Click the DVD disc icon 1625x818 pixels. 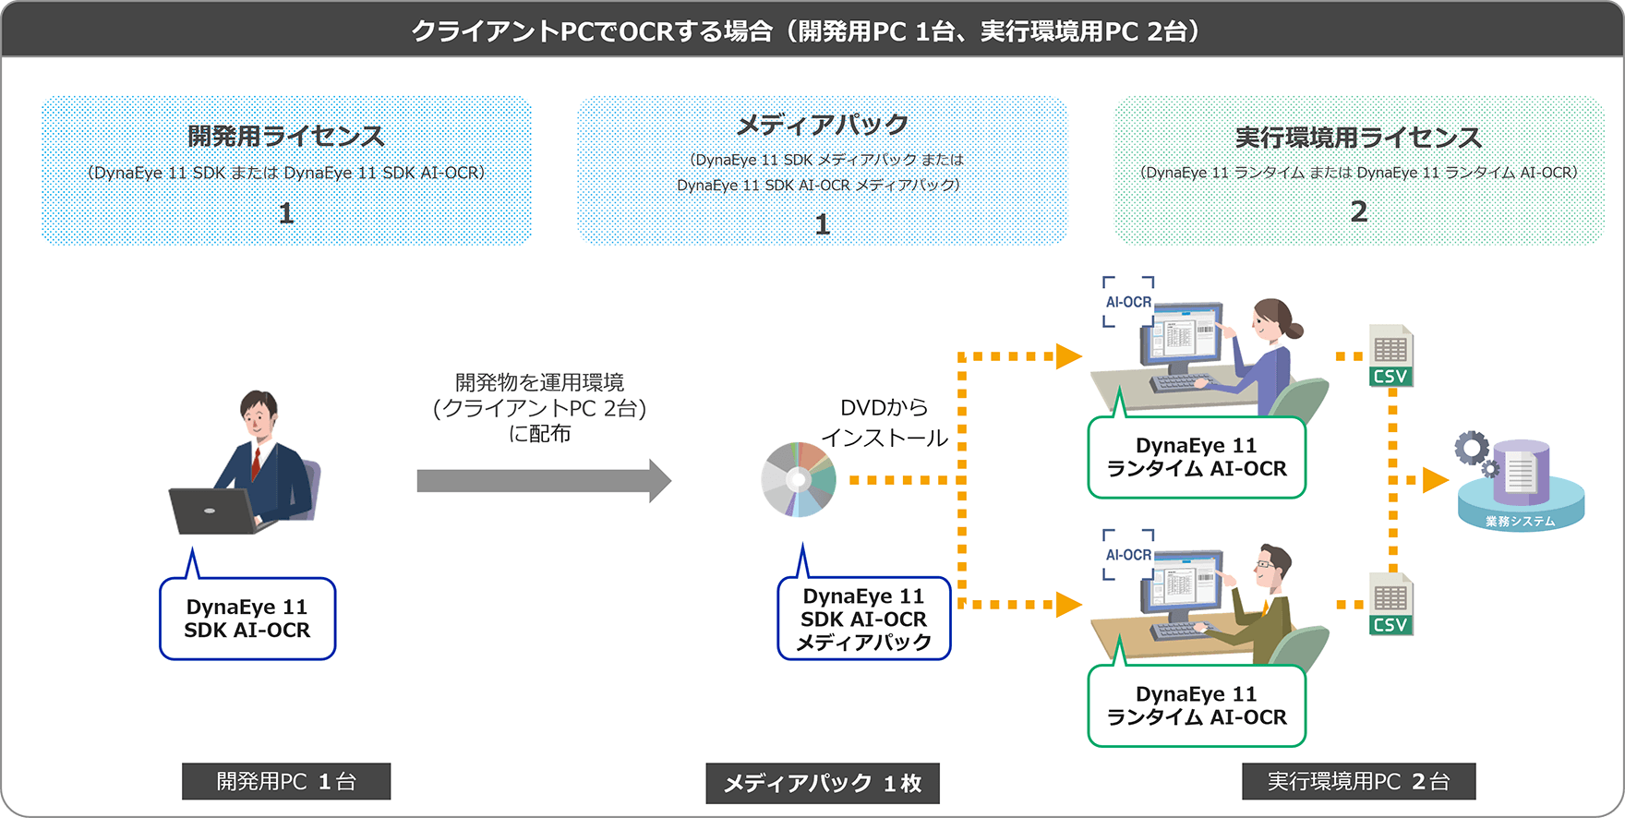[x=799, y=479]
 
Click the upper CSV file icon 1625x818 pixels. [x=1390, y=355]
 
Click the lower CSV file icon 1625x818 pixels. [x=1390, y=604]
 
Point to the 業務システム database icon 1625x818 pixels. [x=1521, y=485]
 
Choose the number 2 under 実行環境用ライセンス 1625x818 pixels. [x=1358, y=211]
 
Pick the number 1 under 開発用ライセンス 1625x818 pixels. [x=286, y=213]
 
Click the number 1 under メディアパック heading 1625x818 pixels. [x=822, y=224]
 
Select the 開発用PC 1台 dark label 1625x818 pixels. [x=286, y=781]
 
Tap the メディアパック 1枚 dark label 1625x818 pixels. [x=822, y=783]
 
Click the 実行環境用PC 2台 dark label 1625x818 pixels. [x=1358, y=781]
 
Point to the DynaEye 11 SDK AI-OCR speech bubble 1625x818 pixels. [x=247, y=619]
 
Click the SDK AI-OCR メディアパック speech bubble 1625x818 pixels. [x=863, y=619]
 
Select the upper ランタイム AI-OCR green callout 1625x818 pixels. [x=1197, y=457]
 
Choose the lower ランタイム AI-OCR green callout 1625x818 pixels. [x=1197, y=705]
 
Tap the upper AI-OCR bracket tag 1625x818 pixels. [x=1128, y=302]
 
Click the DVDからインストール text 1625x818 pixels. [x=885, y=423]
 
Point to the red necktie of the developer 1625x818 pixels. [x=256, y=463]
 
